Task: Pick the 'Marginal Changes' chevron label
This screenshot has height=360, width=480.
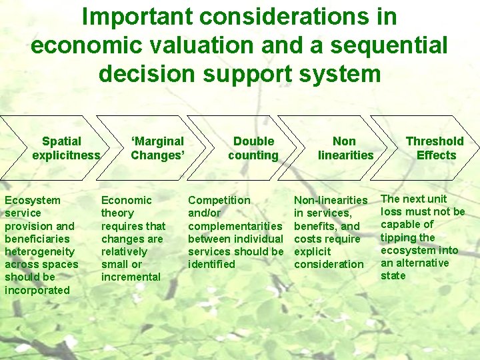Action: pyautogui.click(x=157, y=148)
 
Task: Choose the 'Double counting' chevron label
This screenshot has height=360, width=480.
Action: pyautogui.click(x=253, y=148)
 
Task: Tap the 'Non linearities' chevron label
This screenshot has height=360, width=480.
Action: pyautogui.click(x=345, y=148)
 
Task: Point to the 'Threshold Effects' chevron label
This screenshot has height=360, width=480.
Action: pyautogui.click(x=435, y=148)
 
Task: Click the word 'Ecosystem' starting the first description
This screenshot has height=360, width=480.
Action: pyautogui.click(x=32, y=200)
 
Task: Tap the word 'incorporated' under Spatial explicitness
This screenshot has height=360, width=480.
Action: pyautogui.click(x=37, y=290)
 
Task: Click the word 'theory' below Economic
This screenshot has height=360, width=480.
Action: pyautogui.click(x=117, y=213)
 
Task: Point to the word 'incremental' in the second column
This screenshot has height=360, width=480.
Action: pyautogui.click(x=131, y=277)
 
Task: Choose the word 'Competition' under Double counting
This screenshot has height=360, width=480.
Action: pyautogui.click(x=219, y=200)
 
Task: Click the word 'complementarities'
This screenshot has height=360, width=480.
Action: pyautogui.click(x=235, y=226)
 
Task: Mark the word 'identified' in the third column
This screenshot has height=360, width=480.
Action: pyautogui.click(x=211, y=264)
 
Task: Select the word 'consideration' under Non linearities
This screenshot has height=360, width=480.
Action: pyautogui.click(x=329, y=264)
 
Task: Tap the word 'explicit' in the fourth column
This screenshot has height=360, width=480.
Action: pyautogui.click(x=312, y=251)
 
